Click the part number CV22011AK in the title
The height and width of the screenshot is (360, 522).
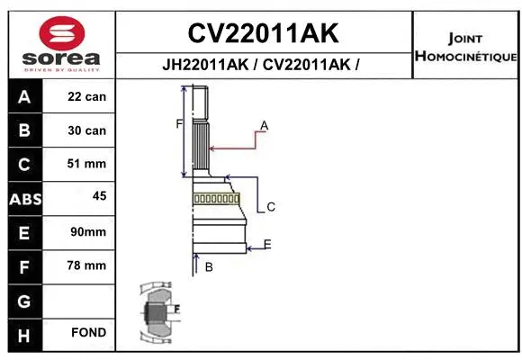pyautogui.click(x=263, y=33)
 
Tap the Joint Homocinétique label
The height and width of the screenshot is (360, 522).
pyautogui.click(x=465, y=48)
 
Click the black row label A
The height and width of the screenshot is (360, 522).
pyautogui.click(x=24, y=97)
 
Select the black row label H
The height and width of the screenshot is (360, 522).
pyautogui.click(x=24, y=334)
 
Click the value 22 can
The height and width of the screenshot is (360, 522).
pyautogui.click(x=87, y=97)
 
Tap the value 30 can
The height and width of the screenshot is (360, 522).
pyautogui.click(x=87, y=130)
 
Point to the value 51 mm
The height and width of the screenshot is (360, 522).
pyautogui.click(x=87, y=164)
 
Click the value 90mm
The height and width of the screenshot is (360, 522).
pyautogui.click(x=87, y=232)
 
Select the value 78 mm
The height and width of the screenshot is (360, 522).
pyautogui.click(x=87, y=265)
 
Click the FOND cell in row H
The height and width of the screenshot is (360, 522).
pyautogui.click(x=87, y=333)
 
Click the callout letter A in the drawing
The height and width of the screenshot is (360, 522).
pyautogui.click(x=265, y=124)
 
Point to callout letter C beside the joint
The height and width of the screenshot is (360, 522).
pyautogui.click(x=270, y=207)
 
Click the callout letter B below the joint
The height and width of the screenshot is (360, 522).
pyautogui.click(x=208, y=266)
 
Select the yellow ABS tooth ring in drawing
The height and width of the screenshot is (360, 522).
pyautogui.click(x=216, y=199)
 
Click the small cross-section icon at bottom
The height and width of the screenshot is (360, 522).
pyautogui.click(x=157, y=312)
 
